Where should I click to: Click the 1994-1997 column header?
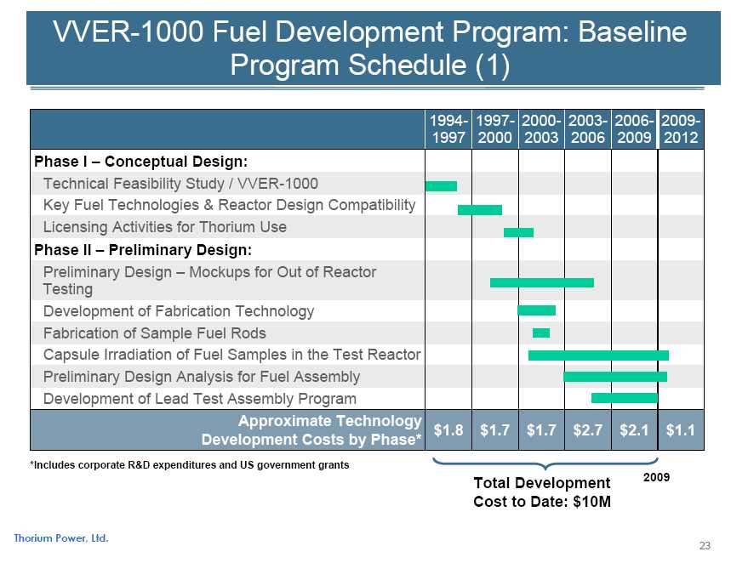(448, 129)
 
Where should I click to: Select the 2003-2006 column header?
(588, 129)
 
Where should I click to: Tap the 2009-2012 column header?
(681, 129)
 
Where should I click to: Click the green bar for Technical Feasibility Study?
(441, 186)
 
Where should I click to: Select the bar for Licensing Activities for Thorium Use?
(518, 232)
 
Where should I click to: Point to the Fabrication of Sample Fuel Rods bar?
(541, 333)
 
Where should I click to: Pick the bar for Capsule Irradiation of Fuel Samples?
(598, 355)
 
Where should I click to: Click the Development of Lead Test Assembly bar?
(625, 398)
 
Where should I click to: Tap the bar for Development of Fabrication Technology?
(536, 310)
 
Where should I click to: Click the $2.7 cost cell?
(588, 431)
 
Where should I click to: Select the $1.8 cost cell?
(448, 431)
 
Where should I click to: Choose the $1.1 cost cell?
(681, 431)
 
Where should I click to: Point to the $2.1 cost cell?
(634, 431)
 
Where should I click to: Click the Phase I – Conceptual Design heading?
(140, 161)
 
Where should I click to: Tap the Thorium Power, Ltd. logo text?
(61, 537)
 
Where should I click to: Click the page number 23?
(704, 545)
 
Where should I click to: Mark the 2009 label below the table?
(656, 478)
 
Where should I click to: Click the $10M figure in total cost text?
(592, 502)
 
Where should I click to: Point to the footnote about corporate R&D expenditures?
(189, 465)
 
